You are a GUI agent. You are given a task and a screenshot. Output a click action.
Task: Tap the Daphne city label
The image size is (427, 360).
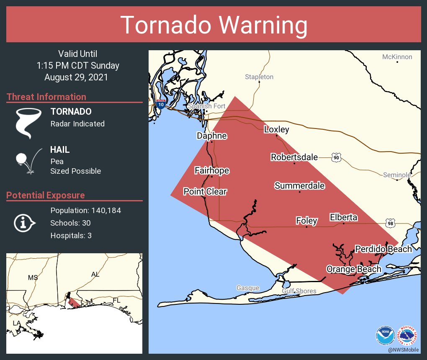tap(212, 136)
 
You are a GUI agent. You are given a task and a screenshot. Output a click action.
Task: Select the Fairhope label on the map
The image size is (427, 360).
tap(212, 170)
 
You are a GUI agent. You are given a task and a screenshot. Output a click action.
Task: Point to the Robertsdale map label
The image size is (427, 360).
tap(294, 157)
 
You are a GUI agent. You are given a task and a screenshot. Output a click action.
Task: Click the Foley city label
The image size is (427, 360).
tap(306, 221)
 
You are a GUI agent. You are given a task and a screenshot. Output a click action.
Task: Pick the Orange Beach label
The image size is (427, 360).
tap(354, 269)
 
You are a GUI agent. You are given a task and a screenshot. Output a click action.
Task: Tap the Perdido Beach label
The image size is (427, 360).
tap(383, 249)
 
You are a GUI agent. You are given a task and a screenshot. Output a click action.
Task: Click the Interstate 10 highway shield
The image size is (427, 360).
tap(161, 104)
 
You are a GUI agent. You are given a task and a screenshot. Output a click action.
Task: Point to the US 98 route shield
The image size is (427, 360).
tap(390, 224)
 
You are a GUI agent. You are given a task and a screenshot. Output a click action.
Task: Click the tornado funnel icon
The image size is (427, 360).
tap(28, 123)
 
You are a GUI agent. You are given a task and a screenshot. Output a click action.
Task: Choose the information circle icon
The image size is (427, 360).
tap(24, 223)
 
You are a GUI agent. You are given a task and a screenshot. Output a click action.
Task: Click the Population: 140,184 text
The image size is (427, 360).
tap(85, 211)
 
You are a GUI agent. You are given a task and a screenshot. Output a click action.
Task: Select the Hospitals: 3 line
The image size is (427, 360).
tap(71, 236)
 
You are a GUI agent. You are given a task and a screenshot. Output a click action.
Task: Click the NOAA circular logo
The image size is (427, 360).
tap(385, 335)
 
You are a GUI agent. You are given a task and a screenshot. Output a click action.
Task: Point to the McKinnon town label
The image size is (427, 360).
tap(397, 57)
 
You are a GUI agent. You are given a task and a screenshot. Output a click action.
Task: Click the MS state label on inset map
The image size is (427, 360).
tap(33, 278)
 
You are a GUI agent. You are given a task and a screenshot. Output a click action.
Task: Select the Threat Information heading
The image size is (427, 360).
tap(46, 97)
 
